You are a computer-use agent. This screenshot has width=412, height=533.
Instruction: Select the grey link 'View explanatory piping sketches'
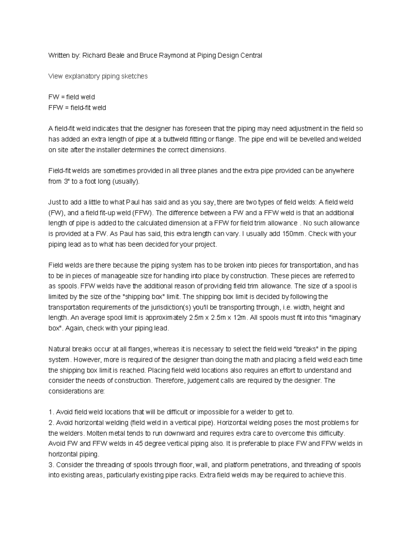click(98, 76)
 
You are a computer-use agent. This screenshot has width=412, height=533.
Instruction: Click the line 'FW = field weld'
click(71, 97)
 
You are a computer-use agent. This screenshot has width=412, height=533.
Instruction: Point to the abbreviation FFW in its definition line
click(56, 108)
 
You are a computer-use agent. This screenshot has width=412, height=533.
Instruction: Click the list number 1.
click(51, 412)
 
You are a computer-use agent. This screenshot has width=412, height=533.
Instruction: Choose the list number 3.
click(51, 465)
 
